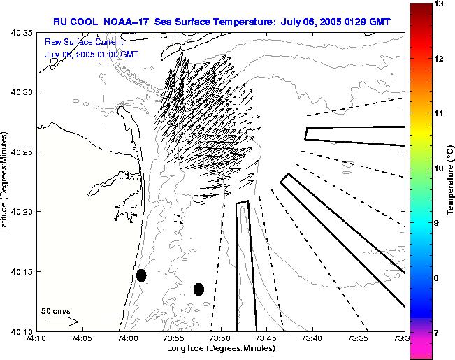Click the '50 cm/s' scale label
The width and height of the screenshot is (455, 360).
[56, 311]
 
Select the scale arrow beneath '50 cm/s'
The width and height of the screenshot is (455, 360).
[62, 322]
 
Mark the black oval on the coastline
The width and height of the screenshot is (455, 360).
[141, 275]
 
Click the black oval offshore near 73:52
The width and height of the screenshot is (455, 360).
[199, 289]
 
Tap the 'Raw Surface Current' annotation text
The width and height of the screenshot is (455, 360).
[84, 42]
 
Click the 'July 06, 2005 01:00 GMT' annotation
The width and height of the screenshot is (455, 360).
[91, 54]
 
